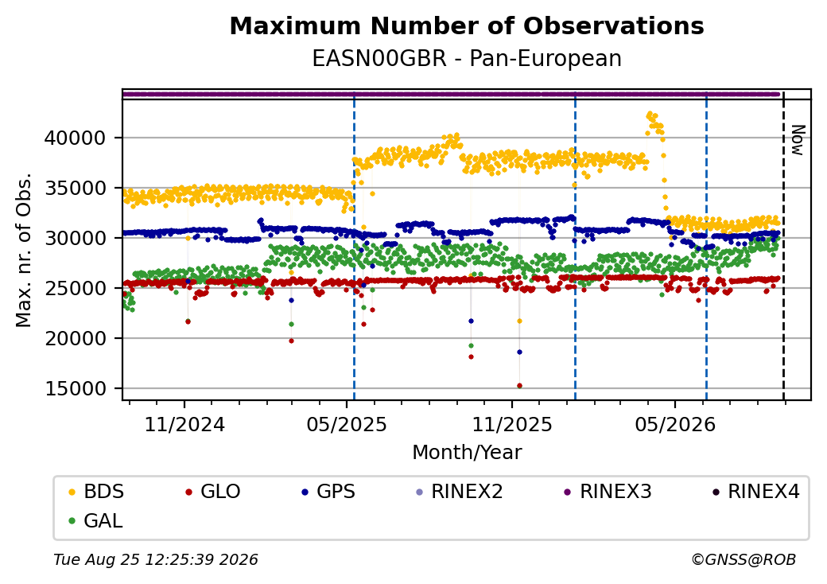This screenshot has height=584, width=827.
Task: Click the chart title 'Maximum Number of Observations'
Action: tap(467, 25)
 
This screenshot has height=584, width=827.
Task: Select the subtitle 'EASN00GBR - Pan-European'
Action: tap(467, 59)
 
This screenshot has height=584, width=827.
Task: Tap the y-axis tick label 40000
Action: tap(76, 138)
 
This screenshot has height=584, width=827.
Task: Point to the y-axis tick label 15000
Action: tap(76, 389)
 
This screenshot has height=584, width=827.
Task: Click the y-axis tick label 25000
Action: tap(76, 289)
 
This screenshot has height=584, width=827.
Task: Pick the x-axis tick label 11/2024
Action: tap(184, 425)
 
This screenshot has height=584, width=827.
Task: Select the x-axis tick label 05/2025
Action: tap(347, 425)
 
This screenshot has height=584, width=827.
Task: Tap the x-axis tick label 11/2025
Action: tap(511, 425)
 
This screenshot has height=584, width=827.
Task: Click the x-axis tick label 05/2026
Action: tap(675, 425)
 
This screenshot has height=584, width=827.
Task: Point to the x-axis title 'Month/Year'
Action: tap(467, 453)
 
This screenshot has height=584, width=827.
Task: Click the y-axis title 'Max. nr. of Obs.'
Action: tap(24, 250)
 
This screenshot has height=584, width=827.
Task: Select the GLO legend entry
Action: tap(212, 492)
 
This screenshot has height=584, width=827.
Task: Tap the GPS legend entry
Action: tap(328, 492)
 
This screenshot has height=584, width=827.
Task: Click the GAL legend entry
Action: tap(96, 520)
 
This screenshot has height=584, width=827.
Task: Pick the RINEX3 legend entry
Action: tap(608, 492)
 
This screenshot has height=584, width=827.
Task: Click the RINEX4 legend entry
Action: tap(755, 492)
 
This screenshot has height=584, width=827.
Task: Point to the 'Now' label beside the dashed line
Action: tap(798, 140)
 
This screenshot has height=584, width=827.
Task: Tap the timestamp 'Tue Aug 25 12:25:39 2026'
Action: tap(156, 559)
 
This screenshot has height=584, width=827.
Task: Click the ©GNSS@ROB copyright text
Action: tap(744, 559)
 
